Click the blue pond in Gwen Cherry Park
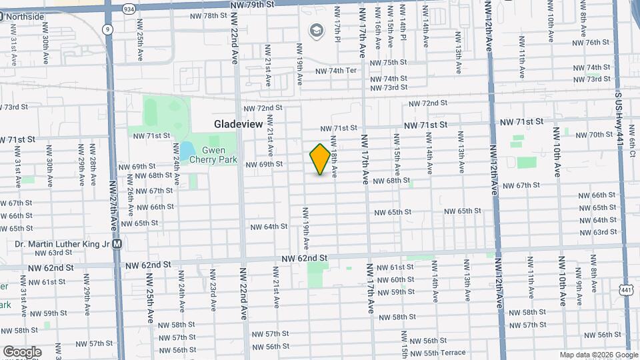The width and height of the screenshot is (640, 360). coord(187,150)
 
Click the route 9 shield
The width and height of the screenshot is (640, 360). coord(107,29)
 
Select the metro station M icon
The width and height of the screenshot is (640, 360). coord(117,244)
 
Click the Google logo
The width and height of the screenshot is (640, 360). coord(22,351)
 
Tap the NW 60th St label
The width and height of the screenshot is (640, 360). coord(395,280)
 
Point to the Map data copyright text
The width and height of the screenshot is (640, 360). coord(598,355)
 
